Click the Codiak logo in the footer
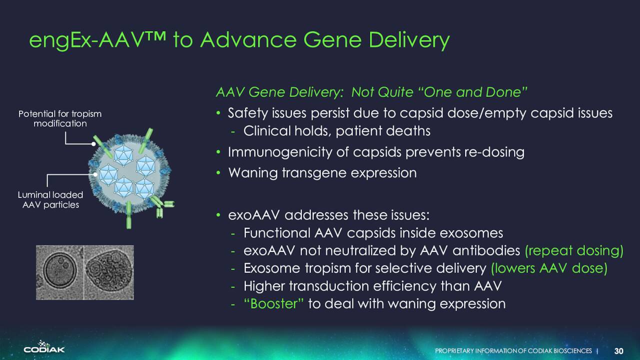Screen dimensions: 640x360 point(44,346)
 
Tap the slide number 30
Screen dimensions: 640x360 point(619,351)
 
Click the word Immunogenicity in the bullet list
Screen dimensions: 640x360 point(279,152)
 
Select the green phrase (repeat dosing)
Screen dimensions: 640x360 point(574,251)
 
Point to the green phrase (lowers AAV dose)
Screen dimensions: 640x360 point(549,268)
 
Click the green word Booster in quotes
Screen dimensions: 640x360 point(273,303)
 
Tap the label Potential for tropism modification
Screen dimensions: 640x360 point(60,118)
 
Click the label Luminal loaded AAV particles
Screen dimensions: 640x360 point(50,199)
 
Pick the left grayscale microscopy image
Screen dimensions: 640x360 point(59,272)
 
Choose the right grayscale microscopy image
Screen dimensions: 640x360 point(109,272)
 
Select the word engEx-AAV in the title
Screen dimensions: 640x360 point(85,40)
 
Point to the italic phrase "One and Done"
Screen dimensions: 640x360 point(472,92)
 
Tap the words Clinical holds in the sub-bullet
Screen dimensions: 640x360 point(287,131)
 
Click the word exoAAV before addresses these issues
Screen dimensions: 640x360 point(253,215)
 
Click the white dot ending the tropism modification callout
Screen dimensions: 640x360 point(93,144)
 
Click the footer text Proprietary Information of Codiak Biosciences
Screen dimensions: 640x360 point(513,351)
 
